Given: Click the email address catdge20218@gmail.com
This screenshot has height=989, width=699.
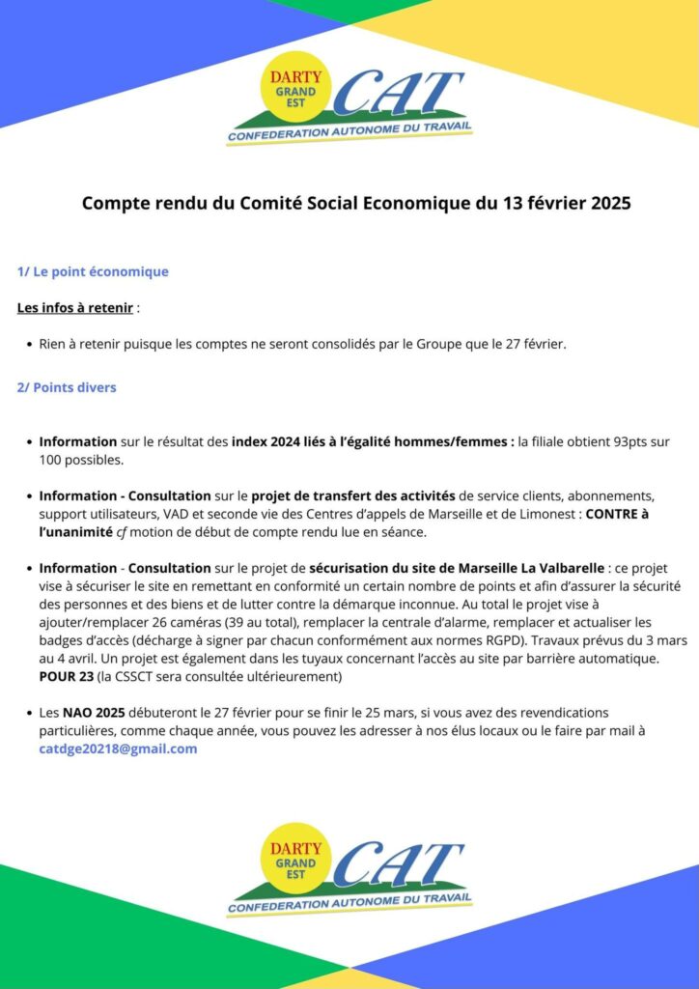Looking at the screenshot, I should [x=118, y=749].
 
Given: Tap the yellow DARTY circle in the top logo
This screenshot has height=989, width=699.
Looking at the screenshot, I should [x=295, y=86].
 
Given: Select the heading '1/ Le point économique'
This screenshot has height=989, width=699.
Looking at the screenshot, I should [x=93, y=271].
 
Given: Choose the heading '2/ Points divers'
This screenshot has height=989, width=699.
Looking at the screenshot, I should [x=67, y=387].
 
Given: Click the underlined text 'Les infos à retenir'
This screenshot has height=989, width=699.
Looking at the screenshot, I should [x=75, y=308].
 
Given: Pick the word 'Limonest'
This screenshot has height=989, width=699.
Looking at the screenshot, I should [x=545, y=514].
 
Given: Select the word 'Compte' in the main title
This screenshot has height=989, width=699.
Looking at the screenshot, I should [x=115, y=204].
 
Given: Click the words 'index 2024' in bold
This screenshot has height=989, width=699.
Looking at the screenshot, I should [x=266, y=441].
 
